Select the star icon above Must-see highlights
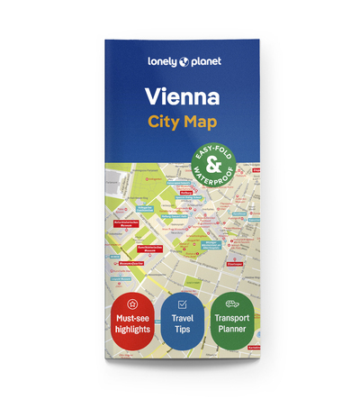coord(131,304)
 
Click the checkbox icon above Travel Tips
coord(182,305)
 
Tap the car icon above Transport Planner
coord(230,304)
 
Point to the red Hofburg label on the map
coord(187,193)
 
